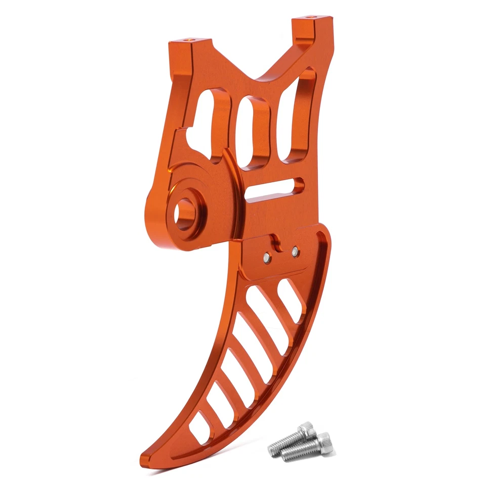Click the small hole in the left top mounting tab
click(x=191, y=38)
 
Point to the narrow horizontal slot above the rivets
click(x=276, y=189)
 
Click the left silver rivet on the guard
click(x=266, y=258)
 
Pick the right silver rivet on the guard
click(x=296, y=251)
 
